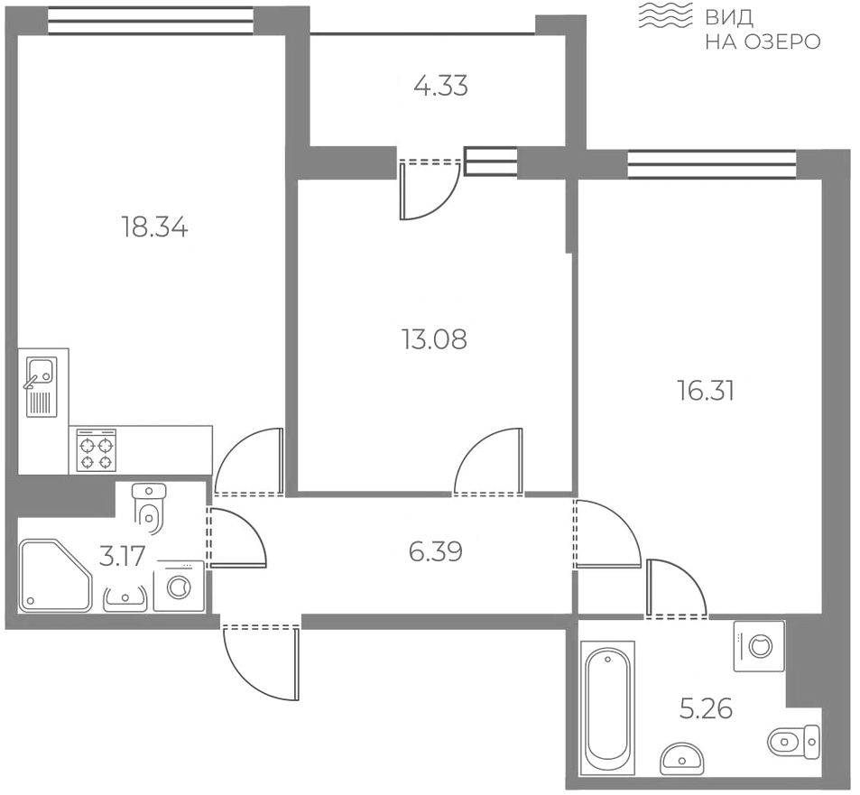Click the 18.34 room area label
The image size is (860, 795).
tap(154, 227)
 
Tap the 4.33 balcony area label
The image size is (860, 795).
tap(441, 86)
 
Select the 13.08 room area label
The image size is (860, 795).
tap(434, 339)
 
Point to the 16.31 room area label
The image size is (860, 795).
tap(707, 392)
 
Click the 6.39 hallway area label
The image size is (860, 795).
tap(436, 551)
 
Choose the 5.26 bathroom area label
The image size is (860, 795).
tap(707, 709)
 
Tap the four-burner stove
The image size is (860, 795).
tap(97, 450)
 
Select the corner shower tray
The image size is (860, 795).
tap(55, 575)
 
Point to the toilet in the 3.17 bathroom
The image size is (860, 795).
tap(150, 507)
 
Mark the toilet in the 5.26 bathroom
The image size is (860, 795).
tap(794, 742)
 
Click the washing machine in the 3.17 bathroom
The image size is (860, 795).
tap(179, 586)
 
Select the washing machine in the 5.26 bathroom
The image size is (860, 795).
tap(759, 646)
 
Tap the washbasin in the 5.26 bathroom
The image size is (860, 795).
tap(682, 757)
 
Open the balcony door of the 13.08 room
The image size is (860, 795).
tap(430, 190)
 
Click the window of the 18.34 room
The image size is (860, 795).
tap(151, 20)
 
